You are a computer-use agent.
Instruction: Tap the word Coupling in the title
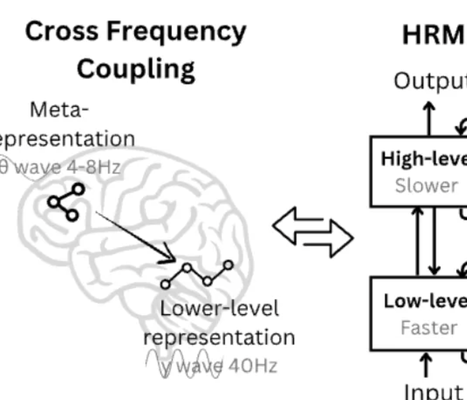[136, 69]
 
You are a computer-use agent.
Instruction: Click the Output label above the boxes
[429, 81]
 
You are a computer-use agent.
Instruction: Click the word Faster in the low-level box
[429, 328]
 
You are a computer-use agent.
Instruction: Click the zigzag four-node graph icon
[196, 275]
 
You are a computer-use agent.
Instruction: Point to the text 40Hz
[251, 365]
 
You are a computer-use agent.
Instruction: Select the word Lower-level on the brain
[219, 308]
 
